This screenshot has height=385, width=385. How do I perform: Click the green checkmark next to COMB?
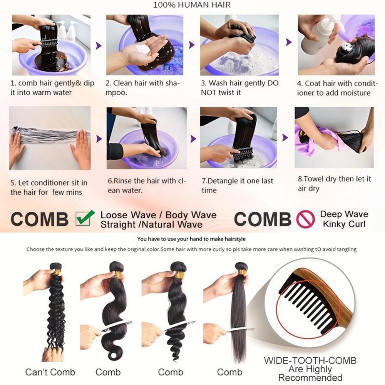(85, 218)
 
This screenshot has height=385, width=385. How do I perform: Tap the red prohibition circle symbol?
(305, 219)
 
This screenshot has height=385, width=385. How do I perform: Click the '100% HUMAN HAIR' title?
(192, 5)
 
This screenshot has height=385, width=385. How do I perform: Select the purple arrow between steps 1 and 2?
(99, 45)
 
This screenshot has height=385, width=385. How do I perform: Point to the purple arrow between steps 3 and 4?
(289, 42)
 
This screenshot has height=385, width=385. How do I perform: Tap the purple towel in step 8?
(319, 140)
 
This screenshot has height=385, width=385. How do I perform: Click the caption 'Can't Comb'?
(50, 372)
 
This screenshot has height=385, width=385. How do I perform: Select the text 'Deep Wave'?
(344, 214)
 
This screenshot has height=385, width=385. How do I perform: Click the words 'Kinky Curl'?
(344, 224)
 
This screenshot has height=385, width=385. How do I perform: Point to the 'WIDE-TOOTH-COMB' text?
(310, 360)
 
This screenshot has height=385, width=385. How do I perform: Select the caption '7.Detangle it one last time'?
(238, 186)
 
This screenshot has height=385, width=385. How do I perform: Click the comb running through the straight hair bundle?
(239, 330)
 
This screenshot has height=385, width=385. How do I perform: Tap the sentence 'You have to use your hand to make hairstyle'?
(191, 239)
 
